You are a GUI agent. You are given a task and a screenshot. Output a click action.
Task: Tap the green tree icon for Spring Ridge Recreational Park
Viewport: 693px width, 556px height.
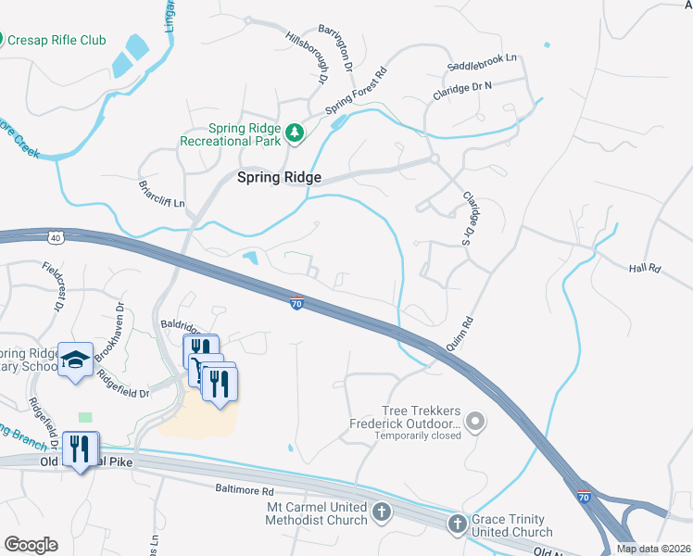295,134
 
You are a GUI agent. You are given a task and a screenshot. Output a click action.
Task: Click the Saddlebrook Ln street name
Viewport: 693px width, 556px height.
481,66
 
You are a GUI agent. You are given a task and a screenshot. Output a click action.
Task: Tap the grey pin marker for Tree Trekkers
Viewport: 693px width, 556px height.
475,423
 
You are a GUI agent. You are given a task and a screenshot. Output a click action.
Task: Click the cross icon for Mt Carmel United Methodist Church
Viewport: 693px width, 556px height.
381,512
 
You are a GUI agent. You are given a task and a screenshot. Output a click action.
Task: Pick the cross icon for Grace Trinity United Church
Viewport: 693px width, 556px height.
456,525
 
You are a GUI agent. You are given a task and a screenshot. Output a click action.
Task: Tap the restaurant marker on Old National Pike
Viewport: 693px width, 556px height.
80,449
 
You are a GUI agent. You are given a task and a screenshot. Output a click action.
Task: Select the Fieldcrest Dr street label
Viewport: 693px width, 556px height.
55,281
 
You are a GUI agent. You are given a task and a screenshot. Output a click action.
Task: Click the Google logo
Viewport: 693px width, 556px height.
31,545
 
